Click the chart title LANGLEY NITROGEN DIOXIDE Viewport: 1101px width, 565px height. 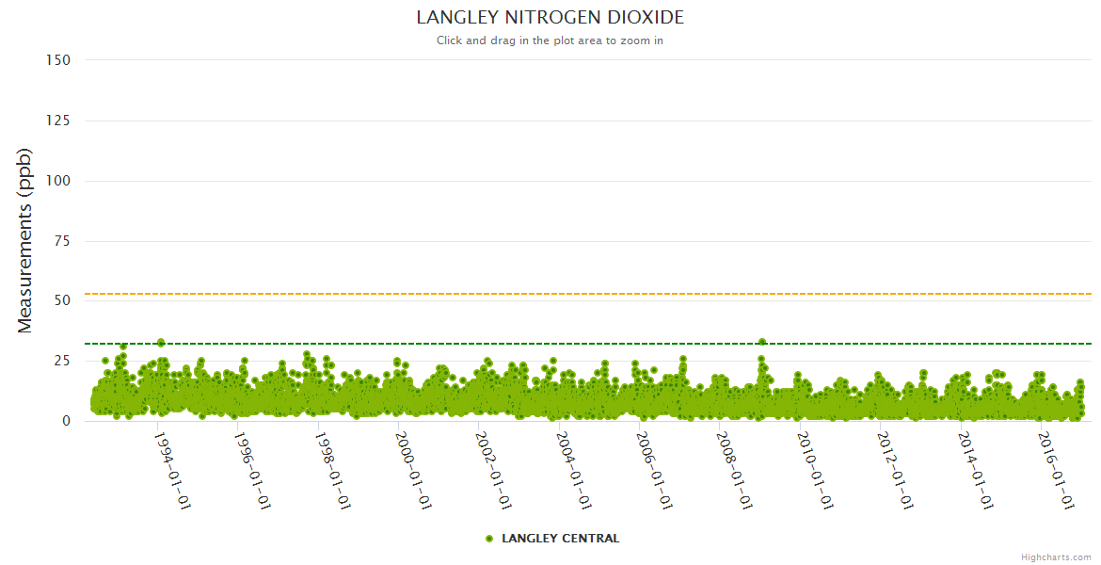550,18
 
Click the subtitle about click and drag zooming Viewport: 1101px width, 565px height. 550,40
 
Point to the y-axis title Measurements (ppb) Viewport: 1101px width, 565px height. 25,240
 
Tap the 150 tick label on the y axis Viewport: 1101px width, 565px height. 58,59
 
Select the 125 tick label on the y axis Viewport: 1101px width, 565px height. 58,121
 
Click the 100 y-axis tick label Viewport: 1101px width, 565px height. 58,181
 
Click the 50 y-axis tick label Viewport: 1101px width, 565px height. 62,301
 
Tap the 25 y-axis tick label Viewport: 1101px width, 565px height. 62,361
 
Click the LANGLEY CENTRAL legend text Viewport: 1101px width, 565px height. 561,539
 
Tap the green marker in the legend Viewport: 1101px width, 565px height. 489,539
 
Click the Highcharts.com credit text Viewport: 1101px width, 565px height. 1056,557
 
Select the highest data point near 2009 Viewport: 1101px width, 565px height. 762,343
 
